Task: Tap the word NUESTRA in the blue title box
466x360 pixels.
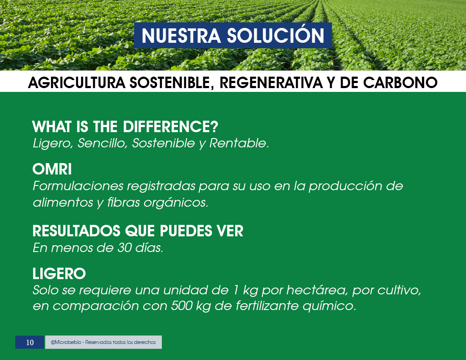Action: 181,36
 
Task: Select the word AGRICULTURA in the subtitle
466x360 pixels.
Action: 77,83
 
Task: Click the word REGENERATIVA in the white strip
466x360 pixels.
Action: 271,83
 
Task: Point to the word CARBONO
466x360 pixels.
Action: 400,83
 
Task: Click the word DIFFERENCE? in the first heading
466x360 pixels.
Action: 171,127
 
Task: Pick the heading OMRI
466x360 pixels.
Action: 52,169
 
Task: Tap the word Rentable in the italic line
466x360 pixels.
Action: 238,143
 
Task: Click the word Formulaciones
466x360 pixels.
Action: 78,186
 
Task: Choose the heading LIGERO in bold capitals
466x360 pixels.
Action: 59,274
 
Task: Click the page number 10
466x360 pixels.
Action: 30,343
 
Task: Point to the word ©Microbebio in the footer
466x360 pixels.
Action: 66,342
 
